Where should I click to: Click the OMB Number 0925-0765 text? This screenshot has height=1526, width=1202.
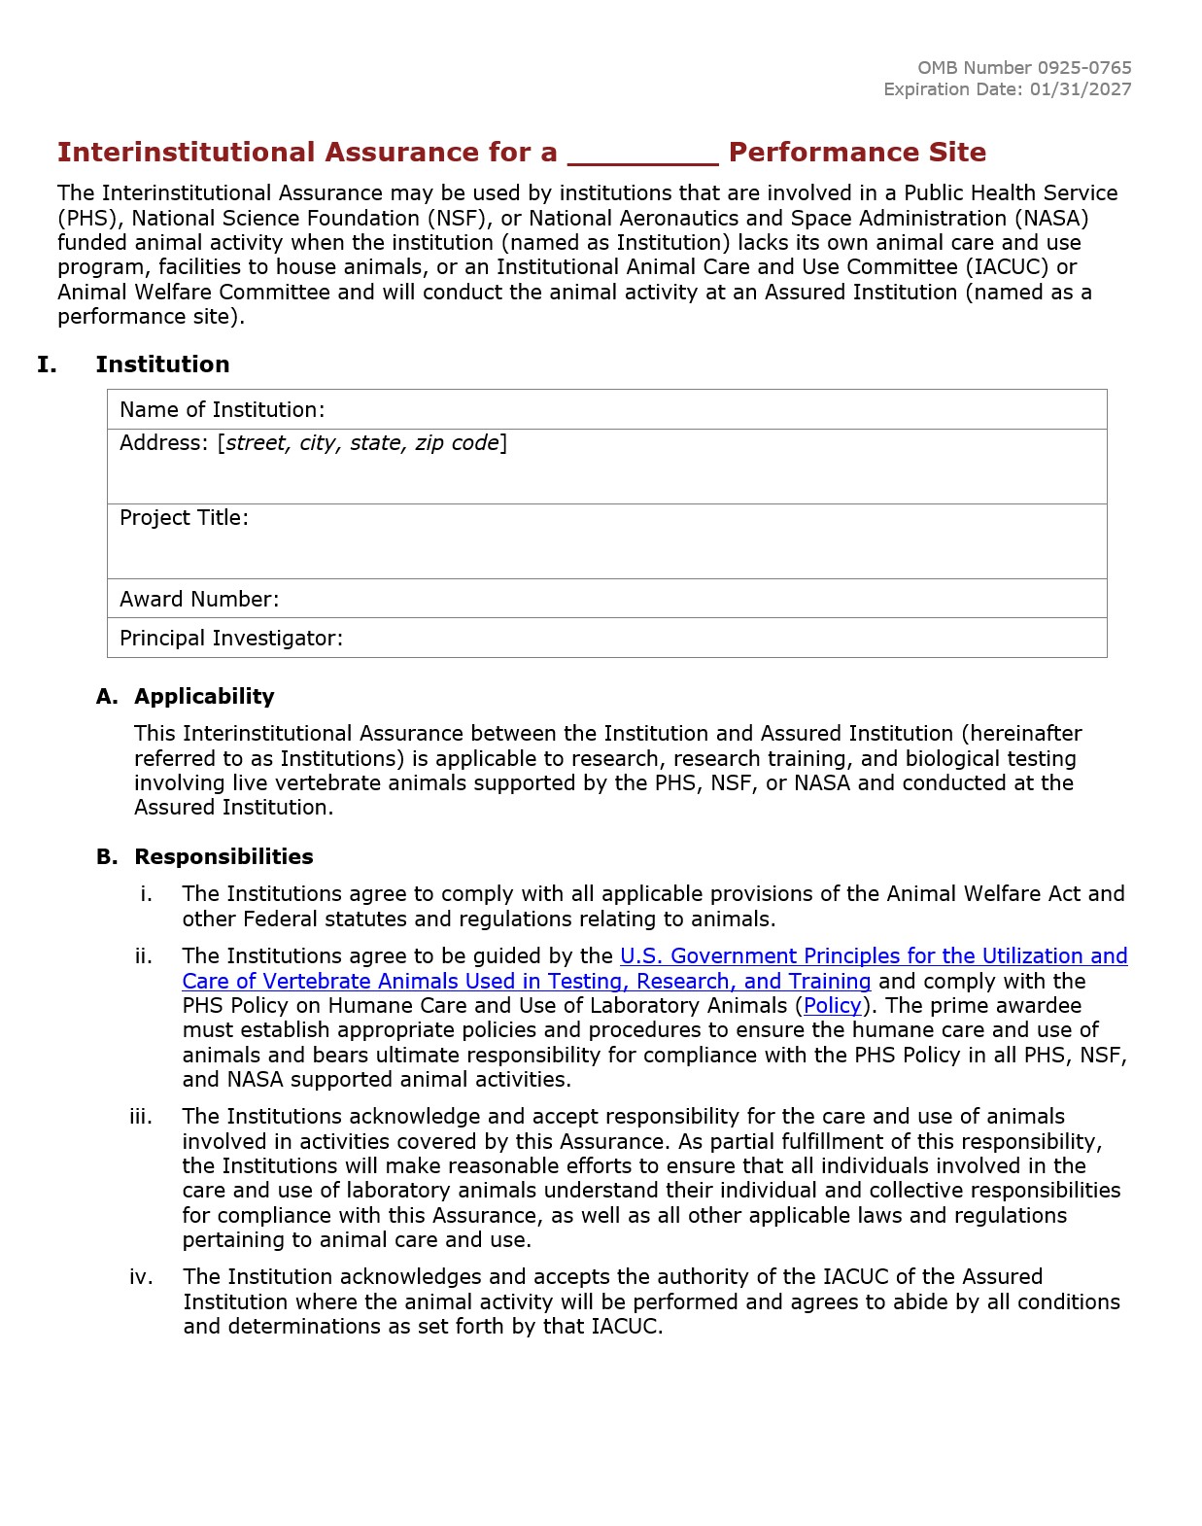pyautogui.click(x=1024, y=68)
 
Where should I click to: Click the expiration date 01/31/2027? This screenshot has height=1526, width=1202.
pyautogui.click(x=1081, y=89)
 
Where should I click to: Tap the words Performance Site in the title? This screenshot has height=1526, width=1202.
pyautogui.click(x=857, y=153)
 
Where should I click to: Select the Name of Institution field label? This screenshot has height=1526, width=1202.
pyautogui.click(x=222, y=410)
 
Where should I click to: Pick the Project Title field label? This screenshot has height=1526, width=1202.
pyautogui.click(x=184, y=518)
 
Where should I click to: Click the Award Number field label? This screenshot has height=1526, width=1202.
pyautogui.click(x=199, y=600)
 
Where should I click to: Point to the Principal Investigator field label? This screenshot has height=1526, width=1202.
pyautogui.click(x=230, y=639)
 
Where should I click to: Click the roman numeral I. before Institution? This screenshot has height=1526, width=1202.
pyautogui.click(x=47, y=364)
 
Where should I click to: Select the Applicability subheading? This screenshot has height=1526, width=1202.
pyautogui.click(x=204, y=697)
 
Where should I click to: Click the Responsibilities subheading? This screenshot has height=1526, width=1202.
pyautogui.click(x=223, y=857)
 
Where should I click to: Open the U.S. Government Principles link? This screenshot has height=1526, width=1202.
pyautogui.click(x=873, y=956)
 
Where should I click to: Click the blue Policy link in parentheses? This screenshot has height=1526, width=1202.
pyautogui.click(x=832, y=1006)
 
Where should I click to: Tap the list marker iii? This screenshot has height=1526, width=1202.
pyautogui.click(x=141, y=1117)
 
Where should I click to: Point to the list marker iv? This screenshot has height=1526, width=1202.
pyautogui.click(x=141, y=1277)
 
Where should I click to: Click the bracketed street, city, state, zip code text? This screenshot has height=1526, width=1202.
pyautogui.click(x=362, y=443)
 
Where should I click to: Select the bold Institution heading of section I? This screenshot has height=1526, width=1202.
pyautogui.click(x=162, y=364)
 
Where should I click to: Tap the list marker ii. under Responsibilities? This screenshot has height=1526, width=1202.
pyautogui.click(x=144, y=956)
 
